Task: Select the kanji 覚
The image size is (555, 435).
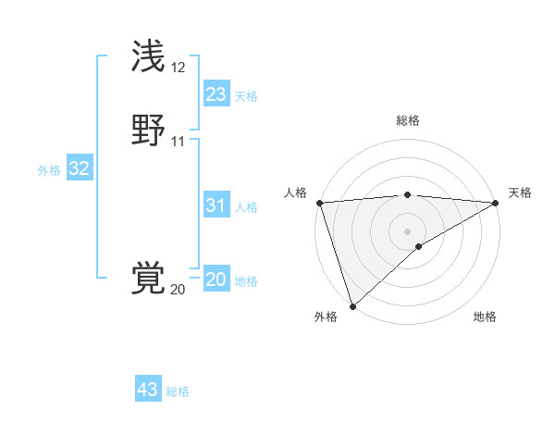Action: [x=150, y=279]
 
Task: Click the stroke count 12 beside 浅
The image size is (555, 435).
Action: [x=179, y=68]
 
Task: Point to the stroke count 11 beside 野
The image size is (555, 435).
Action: [x=179, y=142]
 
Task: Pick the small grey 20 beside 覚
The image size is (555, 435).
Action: [x=178, y=290]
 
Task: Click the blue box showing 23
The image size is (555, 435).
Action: [x=216, y=94]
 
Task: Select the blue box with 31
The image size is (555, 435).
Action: [x=216, y=205]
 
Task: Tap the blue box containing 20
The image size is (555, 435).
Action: [x=216, y=280]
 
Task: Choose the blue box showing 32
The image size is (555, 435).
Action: [x=79, y=168]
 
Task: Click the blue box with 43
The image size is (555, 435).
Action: [x=148, y=390]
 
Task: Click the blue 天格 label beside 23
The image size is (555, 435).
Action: [x=246, y=96]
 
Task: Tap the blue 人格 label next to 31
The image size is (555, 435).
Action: [x=246, y=207]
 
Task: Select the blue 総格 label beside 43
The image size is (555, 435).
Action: [x=178, y=391]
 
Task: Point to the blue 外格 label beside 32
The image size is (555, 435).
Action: [x=49, y=170]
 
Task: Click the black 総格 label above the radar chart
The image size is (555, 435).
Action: [x=408, y=120]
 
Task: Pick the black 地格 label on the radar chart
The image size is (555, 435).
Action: [x=485, y=317]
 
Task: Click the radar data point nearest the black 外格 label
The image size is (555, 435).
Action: [x=352, y=306]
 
